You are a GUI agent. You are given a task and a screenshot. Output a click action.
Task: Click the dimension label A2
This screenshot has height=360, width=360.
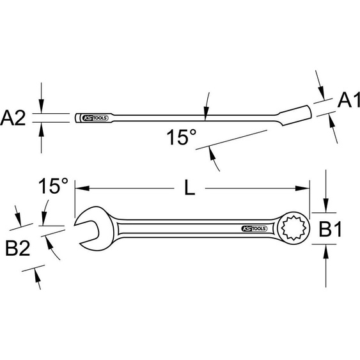[x=14, y=118]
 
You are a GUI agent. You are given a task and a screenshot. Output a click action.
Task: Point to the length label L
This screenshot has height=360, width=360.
[x=190, y=187]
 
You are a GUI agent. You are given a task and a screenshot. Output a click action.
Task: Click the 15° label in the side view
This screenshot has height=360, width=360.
[x=180, y=137]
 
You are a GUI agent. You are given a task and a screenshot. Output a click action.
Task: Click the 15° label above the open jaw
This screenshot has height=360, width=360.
[x=52, y=187]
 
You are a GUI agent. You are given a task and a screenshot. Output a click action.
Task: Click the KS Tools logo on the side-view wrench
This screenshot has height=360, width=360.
[x=94, y=118]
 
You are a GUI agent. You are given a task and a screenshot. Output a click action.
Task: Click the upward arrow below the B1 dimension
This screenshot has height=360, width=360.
[x=326, y=251]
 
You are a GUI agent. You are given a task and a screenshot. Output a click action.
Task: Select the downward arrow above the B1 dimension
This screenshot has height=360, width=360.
[x=326, y=207]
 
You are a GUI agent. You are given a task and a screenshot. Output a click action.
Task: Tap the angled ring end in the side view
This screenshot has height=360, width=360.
[x=296, y=114]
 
